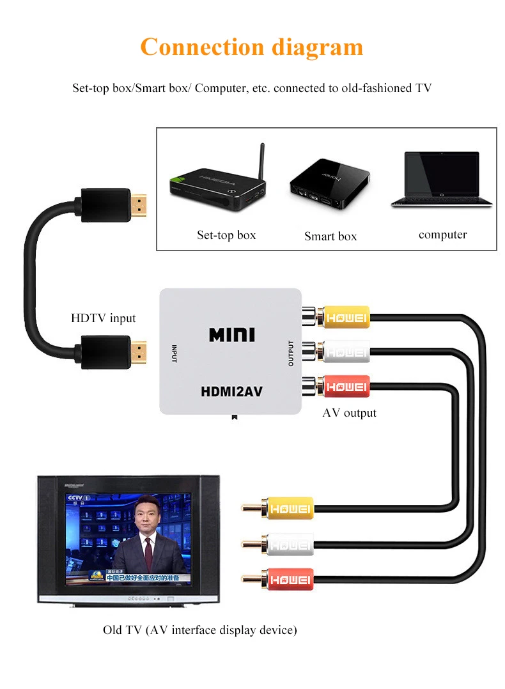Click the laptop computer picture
[x=442, y=180]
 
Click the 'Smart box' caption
[x=330, y=236]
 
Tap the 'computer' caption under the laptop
[x=442, y=235]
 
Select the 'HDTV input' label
[x=104, y=318]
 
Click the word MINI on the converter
[x=231, y=334]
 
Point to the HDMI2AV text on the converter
[x=231, y=391]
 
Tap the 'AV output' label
[x=349, y=413]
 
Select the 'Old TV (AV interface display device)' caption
[x=200, y=630]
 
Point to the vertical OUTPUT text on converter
[x=291, y=353]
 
